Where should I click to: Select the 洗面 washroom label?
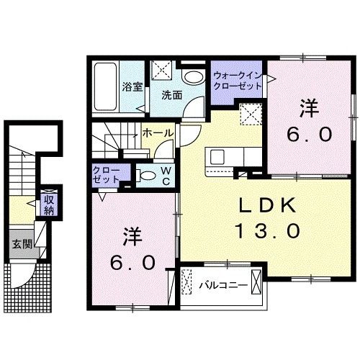tap(171, 94)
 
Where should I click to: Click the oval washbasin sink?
tap(192, 78)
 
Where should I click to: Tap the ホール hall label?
tap(156, 133)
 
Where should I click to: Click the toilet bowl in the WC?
tap(143, 175)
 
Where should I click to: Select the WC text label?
tap(165, 175)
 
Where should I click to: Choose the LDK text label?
tap(267, 206)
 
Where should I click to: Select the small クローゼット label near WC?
tap(104, 174)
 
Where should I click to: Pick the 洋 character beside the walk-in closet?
tap(309, 109)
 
